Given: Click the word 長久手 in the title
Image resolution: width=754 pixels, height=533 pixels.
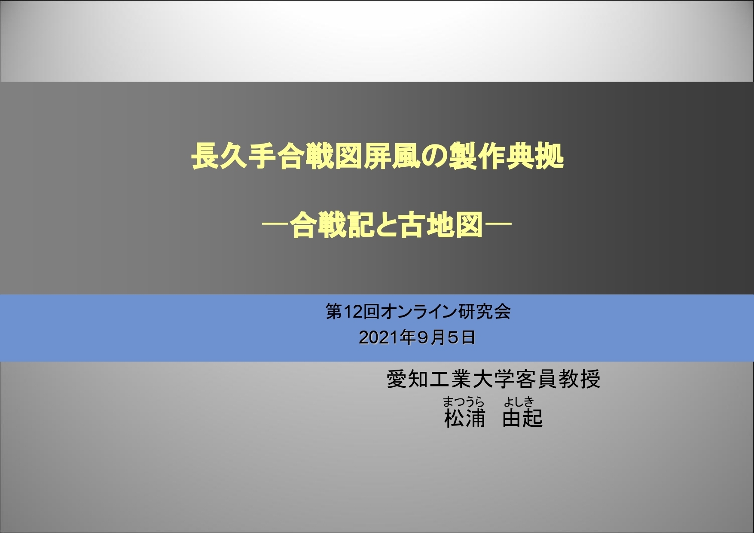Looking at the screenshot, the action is point(234,157).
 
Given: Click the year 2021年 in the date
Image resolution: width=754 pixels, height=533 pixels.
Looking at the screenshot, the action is point(387,338).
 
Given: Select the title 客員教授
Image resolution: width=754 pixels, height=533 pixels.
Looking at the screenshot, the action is point(558,379).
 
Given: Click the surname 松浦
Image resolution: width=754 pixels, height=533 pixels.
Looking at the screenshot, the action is point(465,418).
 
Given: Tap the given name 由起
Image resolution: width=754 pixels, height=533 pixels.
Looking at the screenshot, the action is point(522,418).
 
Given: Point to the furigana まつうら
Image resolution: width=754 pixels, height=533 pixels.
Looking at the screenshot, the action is point(464,402).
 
